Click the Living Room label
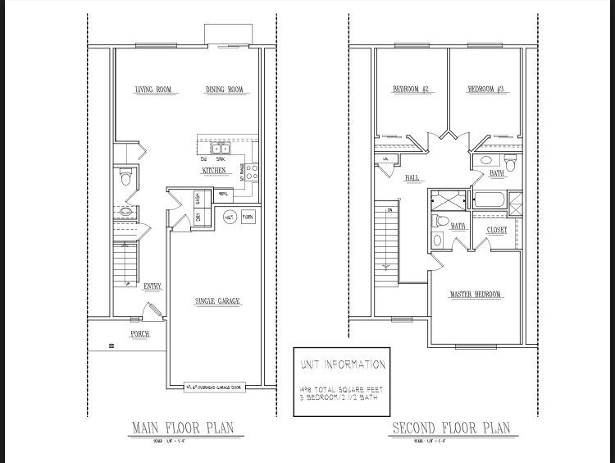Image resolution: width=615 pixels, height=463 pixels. (x=153, y=89)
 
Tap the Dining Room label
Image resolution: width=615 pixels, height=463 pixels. (x=225, y=89)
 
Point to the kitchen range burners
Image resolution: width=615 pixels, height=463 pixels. (x=253, y=172)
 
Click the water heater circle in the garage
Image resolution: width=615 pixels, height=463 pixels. (x=230, y=218)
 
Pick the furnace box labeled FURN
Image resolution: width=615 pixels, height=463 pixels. (x=248, y=218)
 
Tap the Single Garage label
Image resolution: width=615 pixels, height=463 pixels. (x=217, y=301)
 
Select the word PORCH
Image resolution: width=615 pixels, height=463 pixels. (x=140, y=334)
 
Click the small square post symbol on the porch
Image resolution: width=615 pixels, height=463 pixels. (x=112, y=346)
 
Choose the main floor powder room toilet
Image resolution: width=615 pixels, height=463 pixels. (x=125, y=176)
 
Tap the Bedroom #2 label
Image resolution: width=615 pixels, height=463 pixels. (x=411, y=89)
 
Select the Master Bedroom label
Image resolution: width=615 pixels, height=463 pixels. (x=476, y=294)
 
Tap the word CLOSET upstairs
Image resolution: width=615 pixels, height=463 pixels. (x=497, y=230)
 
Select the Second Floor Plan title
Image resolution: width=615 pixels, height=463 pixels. (x=451, y=427)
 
